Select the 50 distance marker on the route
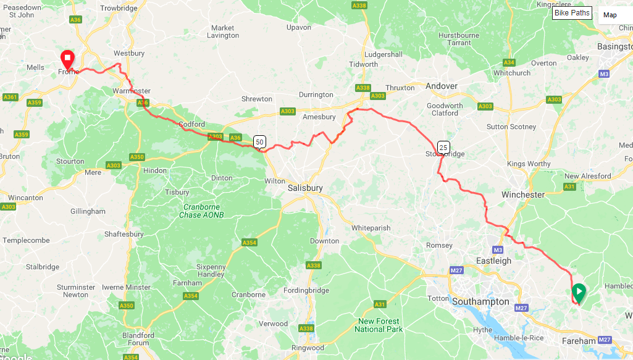click(x=259, y=141)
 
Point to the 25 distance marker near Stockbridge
click(x=443, y=147)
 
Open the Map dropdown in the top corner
click(x=614, y=15)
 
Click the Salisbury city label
click(x=305, y=188)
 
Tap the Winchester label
click(x=522, y=195)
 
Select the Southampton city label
click(x=480, y=302)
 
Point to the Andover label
click(x=442, y=86)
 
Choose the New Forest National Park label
click(x=378, y=325)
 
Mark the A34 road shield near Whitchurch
click(x=509, y=62)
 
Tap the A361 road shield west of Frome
click(x=10, y=97)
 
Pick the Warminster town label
click(x=131, y=91)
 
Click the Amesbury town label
click(x=319, y=117)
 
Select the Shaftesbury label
click(x=124, y=234)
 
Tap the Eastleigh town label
click(x=493, y=261)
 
